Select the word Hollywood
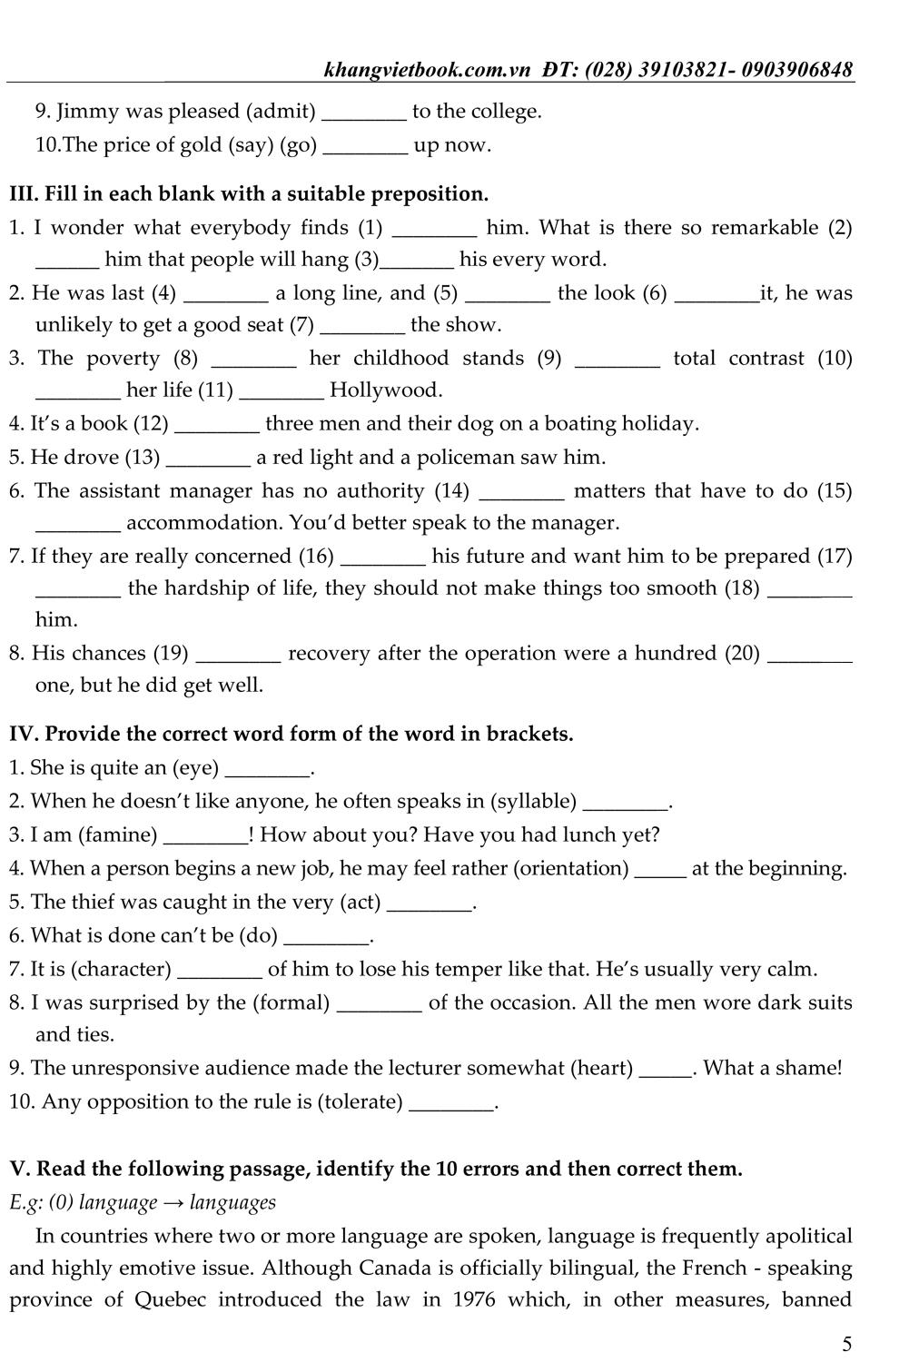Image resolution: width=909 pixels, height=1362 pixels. [x=386, y=390]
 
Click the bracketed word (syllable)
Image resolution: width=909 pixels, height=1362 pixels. [x=534, y=801]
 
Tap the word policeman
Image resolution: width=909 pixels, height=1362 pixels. [x=468, y=458]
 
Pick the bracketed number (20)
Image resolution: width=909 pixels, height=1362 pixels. [x=742, y=653]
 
